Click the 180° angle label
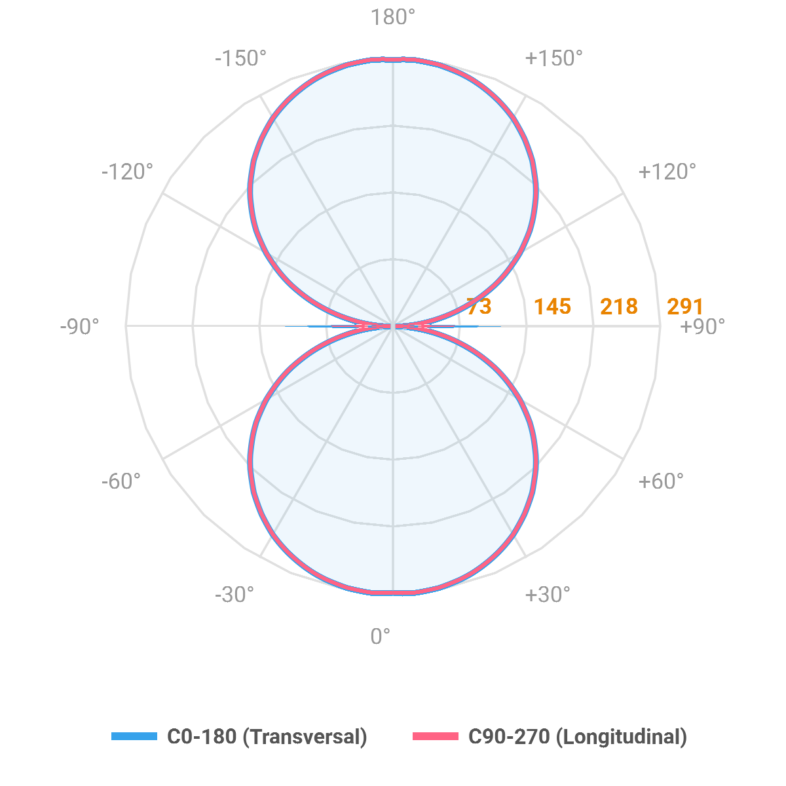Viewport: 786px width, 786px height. pyautogui.click(x=393, y=18)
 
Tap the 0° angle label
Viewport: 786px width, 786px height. pyautogui.click(x=381, y=636)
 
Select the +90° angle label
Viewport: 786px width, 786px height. pyautogui.click(x=703, y=326)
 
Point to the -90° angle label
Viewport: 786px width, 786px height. pyautogui.click(x=80, y=326)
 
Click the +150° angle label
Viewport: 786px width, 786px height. pyautogui.click(x=553, y=58)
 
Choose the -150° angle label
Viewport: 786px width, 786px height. pyautogui.click(x=240, y=58)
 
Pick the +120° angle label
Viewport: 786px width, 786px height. pyautogui.click(x=667, y=172)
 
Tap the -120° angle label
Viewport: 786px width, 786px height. pyautogui.click(x=127, y=172)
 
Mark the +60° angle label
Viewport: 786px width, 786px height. pyautogui.click(x=660, y=481)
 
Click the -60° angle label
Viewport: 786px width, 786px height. pyautogui.click(x=121, y=481)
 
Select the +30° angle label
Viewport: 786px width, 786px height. pyautogui.click(x=547, y=595)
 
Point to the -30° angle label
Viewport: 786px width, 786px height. pyautogui.click(x=234, y=595)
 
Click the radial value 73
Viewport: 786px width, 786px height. pyautogui.click(x=479, y=307)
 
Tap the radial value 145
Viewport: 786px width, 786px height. pyautogui.click(x=552, y=307)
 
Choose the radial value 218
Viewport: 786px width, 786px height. pyautogui.click(x=619, y=307)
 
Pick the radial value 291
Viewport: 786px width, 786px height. pyautogui.click(x=685, y=307)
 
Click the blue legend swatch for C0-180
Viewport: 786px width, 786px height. pyautogui.click(x=135, y=736)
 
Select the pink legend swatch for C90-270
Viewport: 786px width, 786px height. pyautogui.click(x=436, y=736)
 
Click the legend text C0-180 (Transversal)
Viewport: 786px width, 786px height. pyautogui.click(x=267, y=737)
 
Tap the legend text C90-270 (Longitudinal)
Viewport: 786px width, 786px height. pyautogui.click(x=578, y=737)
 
